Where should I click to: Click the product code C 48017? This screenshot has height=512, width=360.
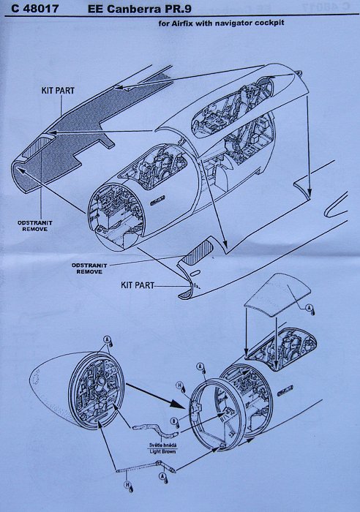coord(35,8)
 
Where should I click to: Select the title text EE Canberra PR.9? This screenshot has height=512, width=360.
coord(140,9)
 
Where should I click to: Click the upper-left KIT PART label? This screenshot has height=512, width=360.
coord(58,91)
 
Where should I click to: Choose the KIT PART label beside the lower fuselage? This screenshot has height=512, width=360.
coord(138,285)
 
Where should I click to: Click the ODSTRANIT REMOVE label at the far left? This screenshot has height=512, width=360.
coord(34,226)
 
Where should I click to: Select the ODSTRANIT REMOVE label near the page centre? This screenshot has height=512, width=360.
coord(89,268)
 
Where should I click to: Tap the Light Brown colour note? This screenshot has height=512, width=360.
coord(162,451)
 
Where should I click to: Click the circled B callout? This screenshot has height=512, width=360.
coord(174,421)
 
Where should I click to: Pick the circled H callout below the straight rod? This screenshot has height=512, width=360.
coord(127,484)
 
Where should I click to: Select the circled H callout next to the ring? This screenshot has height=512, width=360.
coord(180,386)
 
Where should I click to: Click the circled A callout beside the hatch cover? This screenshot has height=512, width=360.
coord(309,308)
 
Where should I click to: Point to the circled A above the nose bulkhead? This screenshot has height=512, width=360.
coord(107,339)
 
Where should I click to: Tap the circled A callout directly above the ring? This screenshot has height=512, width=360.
coord(200,366)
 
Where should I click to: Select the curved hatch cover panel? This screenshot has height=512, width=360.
coord(277,295)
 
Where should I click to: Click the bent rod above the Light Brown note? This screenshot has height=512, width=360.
coord(156,429)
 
